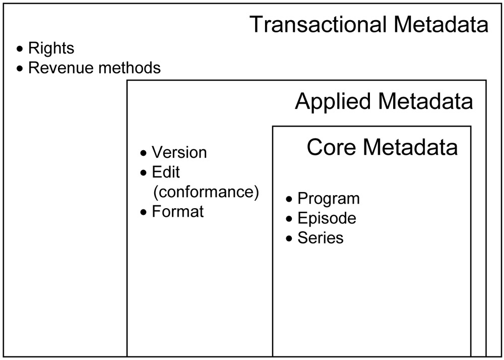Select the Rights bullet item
(x=51, y=48)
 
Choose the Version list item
(x=179, y=152)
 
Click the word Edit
(x=166, y=172)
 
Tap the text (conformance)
(x=205, y=192)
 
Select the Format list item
(x=178, y=211)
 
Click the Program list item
(x=329, y=199)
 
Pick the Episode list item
(x=327, y=218)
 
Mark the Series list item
(x=321, y=238)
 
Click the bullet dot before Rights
(x=20, y=49)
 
